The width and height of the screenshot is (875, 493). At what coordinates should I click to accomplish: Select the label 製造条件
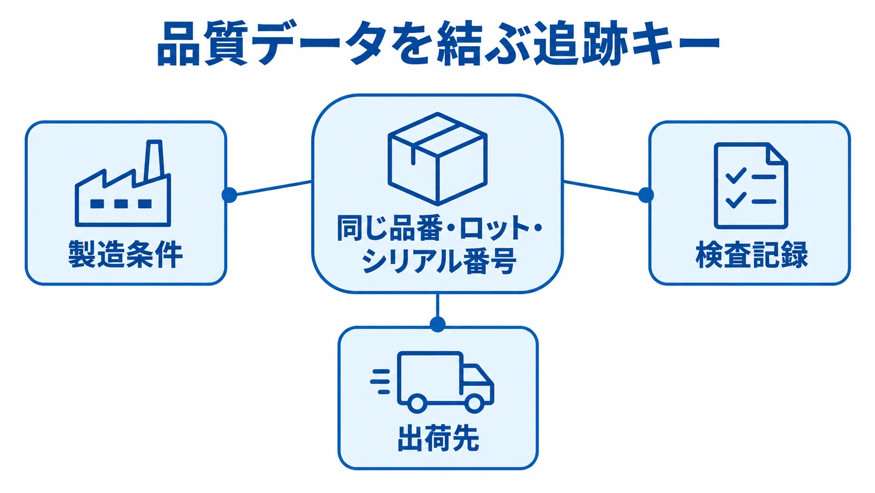(126, 254)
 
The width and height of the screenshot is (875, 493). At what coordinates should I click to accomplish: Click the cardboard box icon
(437, 159)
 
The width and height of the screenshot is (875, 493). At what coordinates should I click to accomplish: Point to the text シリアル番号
(438, 261)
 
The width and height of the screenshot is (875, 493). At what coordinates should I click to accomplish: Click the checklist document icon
(751, 185)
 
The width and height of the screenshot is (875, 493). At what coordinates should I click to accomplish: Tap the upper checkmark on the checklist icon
(736, 176)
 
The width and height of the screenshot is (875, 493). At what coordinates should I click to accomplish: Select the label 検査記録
(751, 255)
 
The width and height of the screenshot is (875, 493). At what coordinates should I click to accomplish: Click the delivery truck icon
(432, 382)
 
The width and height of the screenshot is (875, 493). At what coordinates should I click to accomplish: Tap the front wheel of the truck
(474, 403)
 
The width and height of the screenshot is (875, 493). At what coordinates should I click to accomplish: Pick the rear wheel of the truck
(417, 403)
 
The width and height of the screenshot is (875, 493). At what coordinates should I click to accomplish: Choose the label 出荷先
(438, 439)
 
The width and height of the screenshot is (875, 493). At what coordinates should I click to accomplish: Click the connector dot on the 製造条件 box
(229, 195)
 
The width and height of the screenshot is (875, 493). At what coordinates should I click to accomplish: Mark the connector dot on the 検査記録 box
(646, 195)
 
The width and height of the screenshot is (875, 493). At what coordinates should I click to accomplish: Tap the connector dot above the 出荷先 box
(437, 324)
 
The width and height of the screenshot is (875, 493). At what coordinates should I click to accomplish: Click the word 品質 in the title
(203, 43)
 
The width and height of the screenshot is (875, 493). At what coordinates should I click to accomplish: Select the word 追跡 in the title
(580, 43)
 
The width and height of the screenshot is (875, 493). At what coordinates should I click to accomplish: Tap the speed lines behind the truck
(380, 381)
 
